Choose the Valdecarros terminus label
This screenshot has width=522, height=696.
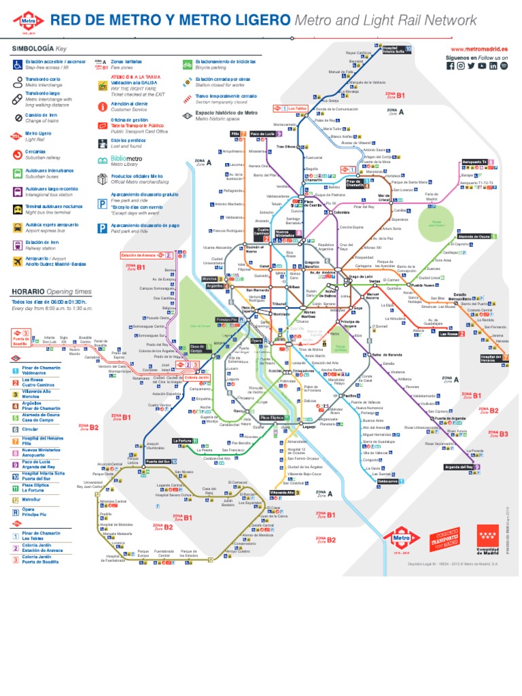pos(387,481)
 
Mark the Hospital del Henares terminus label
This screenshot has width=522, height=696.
pos(491,358)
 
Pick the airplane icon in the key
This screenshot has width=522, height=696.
pos(17,262)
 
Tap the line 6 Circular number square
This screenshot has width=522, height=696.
pos(15,430)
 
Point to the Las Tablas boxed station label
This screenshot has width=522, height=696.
pos(298,108)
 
